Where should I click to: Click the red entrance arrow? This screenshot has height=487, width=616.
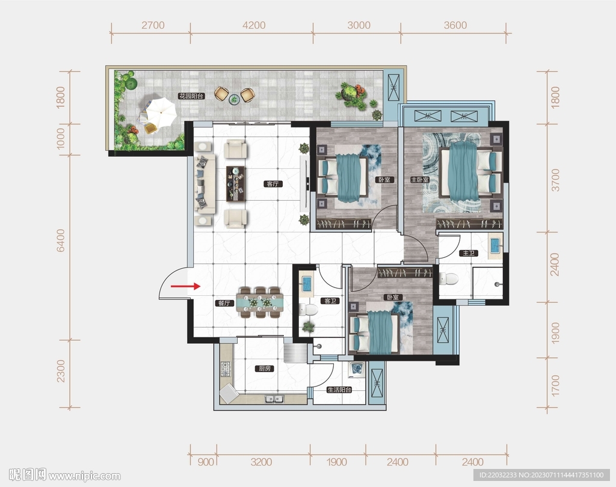click(x=185, y=286)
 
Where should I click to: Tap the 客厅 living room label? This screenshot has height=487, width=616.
click(x=273, y=184)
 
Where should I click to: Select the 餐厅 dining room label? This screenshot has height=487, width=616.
click(x=226, y=303)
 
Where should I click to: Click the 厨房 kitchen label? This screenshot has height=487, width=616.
click(x=265, y=369)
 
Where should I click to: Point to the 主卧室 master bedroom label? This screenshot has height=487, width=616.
click(x=419, y=180)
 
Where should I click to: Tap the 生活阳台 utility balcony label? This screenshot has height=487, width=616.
click(x=339, y=390)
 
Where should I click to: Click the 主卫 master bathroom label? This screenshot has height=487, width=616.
click(x=469, y=253)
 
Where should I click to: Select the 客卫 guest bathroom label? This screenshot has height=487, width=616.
click(x=330, y=301)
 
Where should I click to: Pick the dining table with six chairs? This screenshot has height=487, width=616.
click(x=259, y=302)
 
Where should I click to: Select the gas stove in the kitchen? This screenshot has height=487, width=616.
click(x=226, y=369)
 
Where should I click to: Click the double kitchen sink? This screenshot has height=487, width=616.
click(x=274, y=399)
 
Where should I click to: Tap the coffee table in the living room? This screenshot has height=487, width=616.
click(x=236, y=184)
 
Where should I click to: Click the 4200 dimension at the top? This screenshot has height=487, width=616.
click(x=254, y=25)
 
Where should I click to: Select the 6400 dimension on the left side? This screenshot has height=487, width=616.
click(x=61, y=240)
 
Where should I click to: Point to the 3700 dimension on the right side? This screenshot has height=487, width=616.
click(x=555, y=180)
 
